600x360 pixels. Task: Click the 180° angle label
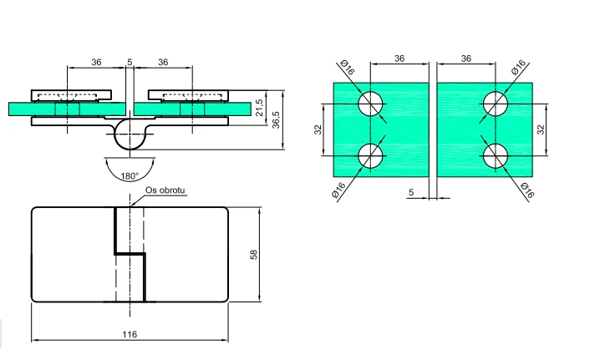tap(130, 176)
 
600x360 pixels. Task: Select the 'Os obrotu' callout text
tap(165, 190)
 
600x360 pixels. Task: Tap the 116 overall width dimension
tap(130, 334)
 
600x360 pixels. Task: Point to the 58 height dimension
tap(254, 255)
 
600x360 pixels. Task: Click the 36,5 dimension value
tap(276, 120)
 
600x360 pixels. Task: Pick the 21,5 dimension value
tap(259, 108)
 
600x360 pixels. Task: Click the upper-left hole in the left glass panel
tap(370, 104)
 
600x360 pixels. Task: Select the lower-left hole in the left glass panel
tap(370, 155)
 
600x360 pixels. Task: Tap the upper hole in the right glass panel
tap(496, 104)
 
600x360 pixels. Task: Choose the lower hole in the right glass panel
tap(496, 155)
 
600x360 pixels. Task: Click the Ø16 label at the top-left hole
tap(347, 68)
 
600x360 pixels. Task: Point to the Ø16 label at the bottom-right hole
tap(527, 190)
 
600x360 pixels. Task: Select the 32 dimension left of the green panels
tap(318, 129)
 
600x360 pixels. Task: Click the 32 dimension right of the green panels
tap(541, 129)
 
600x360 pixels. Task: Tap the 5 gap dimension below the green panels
tap(411, 192)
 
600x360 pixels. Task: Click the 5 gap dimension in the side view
tap(130, 62)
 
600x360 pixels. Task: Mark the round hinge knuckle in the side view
tap(130, 134)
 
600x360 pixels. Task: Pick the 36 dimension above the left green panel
tap(399, 58)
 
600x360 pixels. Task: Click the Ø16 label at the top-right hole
tap(518, 67)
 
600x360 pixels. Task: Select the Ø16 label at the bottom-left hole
tap(338, 190)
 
